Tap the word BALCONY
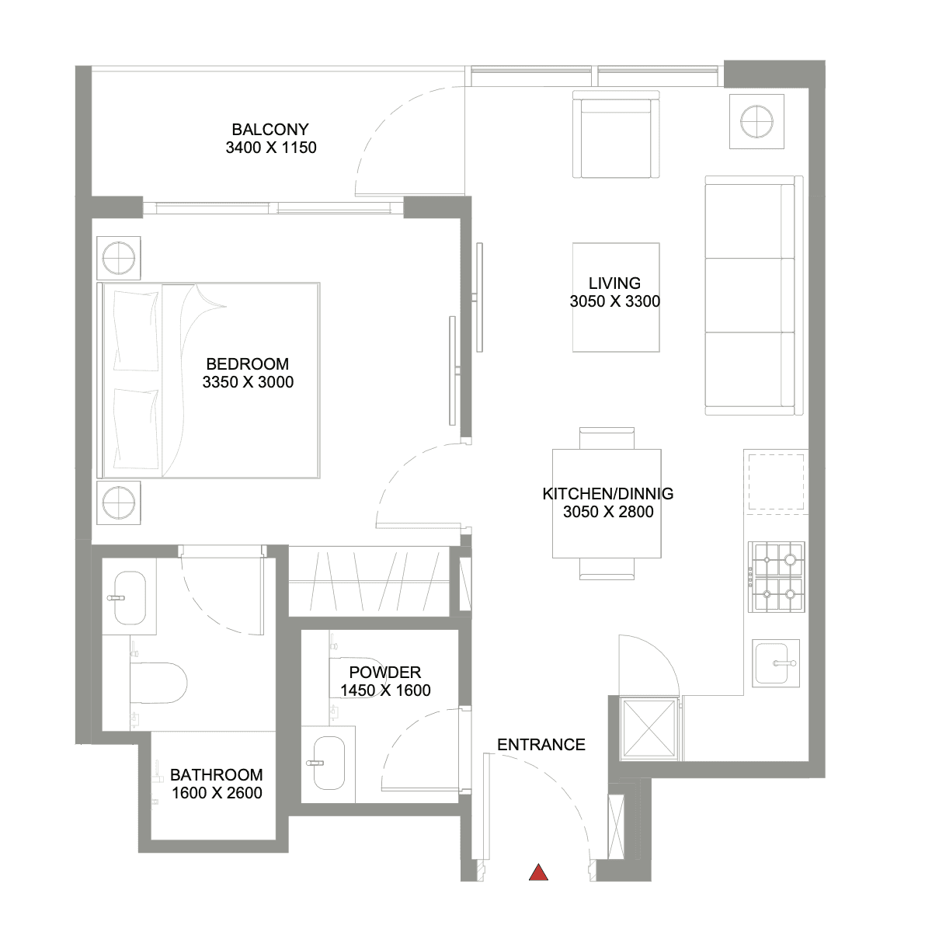270,130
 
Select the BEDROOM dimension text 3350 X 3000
248,382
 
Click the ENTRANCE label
541,745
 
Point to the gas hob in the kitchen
776,577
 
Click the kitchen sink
776,663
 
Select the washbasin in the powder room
329,763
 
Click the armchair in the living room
616,134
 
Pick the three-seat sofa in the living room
753,295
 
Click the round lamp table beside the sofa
756,121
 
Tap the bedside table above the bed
119,258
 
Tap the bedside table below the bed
119,503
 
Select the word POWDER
385,673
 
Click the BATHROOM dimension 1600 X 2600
217,793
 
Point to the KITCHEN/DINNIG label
608,494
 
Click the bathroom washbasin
130,598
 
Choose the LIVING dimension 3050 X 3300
614,301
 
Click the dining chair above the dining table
607,438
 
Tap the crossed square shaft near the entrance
649,728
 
